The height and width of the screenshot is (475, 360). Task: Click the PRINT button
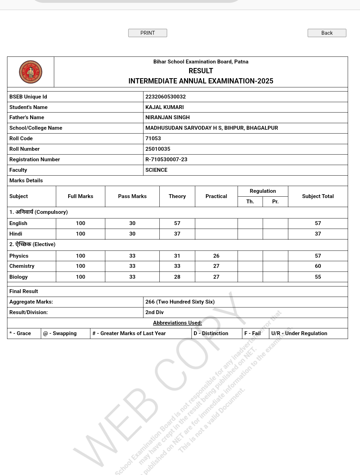(x=147, y=33)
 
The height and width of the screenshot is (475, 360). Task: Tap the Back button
(x=327, y=33)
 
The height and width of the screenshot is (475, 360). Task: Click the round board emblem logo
(x=30, y=72)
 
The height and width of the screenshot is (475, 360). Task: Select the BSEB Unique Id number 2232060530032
(x=166, y=97)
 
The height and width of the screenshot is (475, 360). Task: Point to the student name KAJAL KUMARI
(x=165, y=107)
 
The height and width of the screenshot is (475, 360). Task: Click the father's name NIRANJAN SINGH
(x=167, y=117)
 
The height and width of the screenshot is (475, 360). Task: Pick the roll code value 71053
(x=153, y=138)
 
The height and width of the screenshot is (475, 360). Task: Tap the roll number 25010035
(x=158, y=149)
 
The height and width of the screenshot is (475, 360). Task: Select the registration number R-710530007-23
(x=166, y=160)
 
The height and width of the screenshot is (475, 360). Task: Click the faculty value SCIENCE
(x=156, y=170)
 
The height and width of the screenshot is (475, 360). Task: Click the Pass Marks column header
(x=132, y=196)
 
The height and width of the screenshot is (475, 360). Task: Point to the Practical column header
(x=216, y=196)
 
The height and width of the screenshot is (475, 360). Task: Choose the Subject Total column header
(x=318, y=196)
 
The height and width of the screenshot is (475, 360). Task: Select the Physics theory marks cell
(x=177, y=256)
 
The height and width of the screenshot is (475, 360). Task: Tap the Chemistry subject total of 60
(x=318, y=266)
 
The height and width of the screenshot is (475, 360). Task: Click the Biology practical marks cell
(x=216, y=277)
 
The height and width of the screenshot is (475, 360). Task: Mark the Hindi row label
(x=16, y=234)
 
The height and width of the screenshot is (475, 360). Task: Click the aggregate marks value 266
(x=180, y=302)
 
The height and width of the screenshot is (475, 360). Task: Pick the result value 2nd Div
(x=154, y=312)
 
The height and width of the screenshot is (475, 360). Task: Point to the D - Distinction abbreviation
(x=211, y=333)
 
